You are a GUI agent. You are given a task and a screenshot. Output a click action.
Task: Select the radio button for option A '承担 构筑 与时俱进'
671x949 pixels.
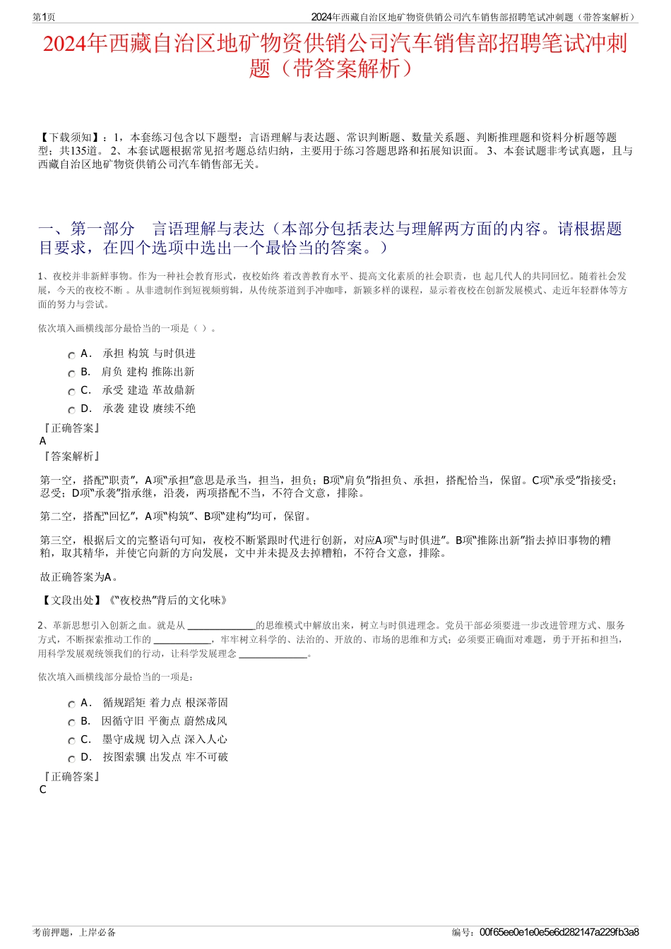[x=71, y=356]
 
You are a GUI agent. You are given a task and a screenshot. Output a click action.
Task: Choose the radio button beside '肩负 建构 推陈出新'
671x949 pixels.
[x=71, y=374]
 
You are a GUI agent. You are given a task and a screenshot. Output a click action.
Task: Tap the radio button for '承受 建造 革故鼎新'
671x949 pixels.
[x=71, y=392]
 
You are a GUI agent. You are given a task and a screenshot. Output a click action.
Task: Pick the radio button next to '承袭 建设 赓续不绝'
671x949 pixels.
[x=71, y=411]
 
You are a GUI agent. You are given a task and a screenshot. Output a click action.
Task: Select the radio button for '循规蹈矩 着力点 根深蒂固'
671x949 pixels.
[x=71, y=705]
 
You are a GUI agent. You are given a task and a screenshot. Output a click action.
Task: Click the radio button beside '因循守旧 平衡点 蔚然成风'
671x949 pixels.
[x=71, y=723]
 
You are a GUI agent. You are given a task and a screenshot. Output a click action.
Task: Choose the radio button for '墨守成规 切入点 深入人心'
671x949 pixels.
[x=71, y=742]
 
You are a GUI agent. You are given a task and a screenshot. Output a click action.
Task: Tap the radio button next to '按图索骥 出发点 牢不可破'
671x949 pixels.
[x=71, y=759]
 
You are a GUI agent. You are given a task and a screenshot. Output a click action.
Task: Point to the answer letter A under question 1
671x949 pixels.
[x=43, y=441]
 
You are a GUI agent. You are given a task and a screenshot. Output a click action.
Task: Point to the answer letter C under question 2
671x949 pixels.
[x=43, y=790]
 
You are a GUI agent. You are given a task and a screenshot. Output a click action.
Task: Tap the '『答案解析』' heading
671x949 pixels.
[x=71, y=457]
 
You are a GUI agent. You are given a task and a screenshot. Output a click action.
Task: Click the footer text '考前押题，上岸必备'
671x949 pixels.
[x=74, y=932]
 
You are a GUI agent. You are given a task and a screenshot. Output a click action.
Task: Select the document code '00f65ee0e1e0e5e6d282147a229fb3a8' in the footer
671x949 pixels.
[x=559, y=932]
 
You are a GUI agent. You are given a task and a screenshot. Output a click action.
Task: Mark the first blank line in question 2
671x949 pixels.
[x=221, y=626]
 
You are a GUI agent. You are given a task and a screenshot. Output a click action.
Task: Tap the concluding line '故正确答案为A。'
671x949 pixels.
[x=79, y=577]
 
